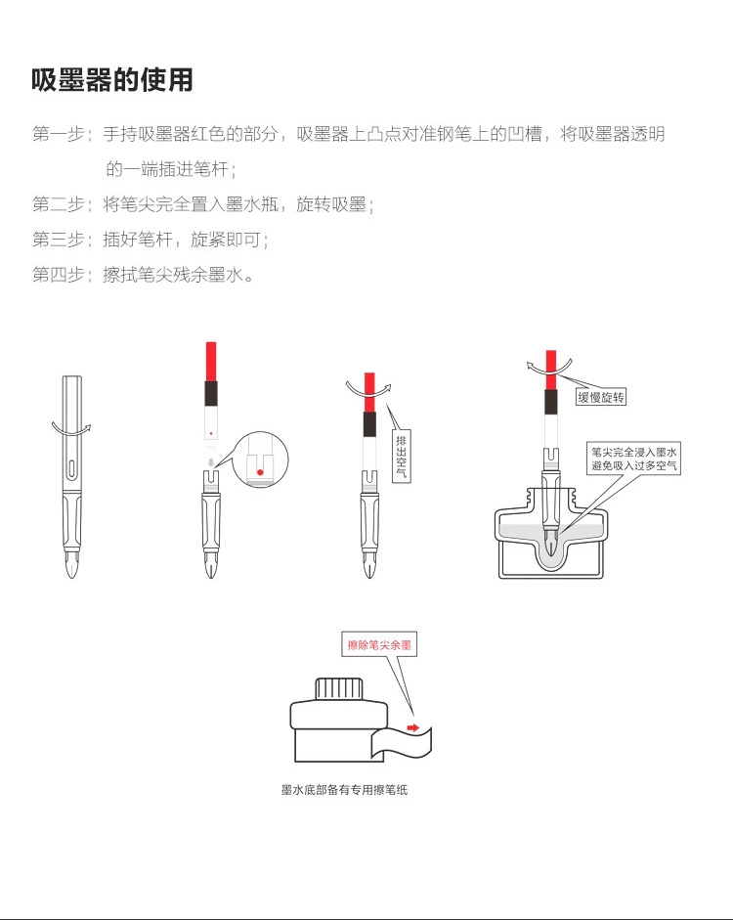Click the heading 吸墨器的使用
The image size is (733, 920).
(112, 80)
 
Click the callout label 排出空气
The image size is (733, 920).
(401, 457)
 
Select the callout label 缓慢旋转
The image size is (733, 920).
(601, 397)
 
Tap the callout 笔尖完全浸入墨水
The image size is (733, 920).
(633, 452)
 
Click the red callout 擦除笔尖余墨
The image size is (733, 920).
(379, 645)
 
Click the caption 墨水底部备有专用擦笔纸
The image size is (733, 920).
(344, 790)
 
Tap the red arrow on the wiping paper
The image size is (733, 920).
(413, 728)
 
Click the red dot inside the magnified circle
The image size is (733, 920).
(260, 472)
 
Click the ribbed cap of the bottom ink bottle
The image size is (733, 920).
(339, 689)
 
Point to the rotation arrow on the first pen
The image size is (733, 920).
(71, 429)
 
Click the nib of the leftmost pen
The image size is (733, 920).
(71, 562)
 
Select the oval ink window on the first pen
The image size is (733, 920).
(71, 469)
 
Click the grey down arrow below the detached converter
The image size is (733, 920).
(211, 462)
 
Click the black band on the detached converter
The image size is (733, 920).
(211, 393)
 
